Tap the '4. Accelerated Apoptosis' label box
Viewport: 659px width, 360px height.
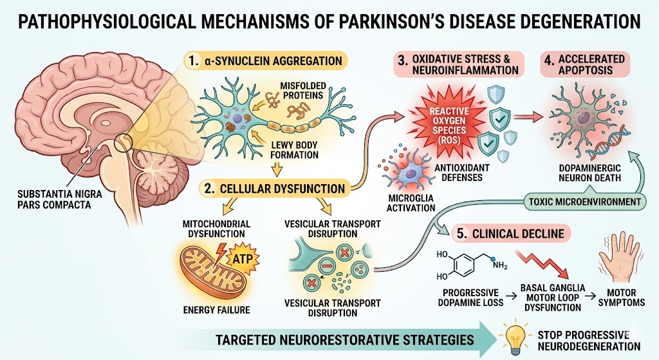click(584, 64)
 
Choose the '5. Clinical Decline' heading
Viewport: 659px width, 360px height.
click(512, 234)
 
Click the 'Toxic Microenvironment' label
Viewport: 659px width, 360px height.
click(584, 202)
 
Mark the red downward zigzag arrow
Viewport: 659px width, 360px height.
click(543, 265)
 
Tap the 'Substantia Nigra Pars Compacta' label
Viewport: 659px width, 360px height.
click(60, 200)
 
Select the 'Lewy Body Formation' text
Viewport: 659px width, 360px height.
click(293, 150)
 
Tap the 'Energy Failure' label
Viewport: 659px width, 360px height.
click(216, 310)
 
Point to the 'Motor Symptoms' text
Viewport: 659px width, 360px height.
click(621, 298)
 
